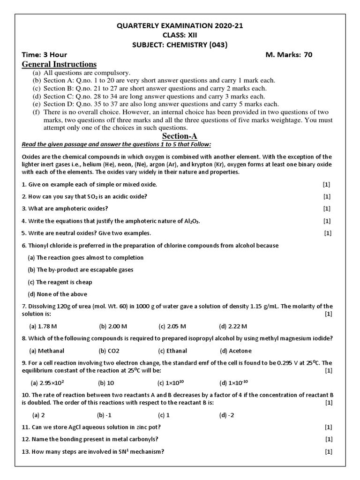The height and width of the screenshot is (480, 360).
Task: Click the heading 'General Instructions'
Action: (59, 64)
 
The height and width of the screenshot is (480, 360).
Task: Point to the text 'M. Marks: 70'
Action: (289, 54)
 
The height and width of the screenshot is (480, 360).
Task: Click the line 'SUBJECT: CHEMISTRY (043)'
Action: (180, 45)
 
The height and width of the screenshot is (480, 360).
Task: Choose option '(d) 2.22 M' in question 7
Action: (233, 326)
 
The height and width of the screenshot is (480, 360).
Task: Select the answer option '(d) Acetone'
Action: (236, 351)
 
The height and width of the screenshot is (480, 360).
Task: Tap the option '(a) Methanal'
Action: (47, 351)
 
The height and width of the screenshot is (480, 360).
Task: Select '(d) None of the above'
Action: (58, 294)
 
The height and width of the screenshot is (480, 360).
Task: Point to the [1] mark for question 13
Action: (328, 452)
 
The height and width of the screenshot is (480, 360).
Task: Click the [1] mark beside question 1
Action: (327, 185)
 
